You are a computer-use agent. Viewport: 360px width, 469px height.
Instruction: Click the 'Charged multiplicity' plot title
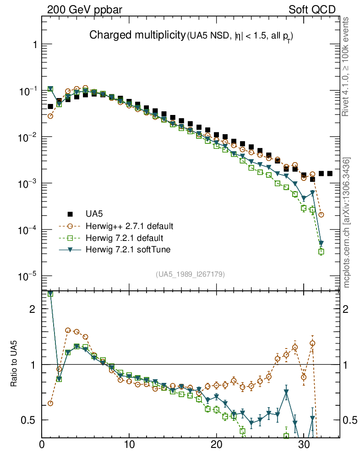pos(137,35)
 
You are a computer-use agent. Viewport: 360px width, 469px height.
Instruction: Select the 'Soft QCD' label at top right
pos(312,9)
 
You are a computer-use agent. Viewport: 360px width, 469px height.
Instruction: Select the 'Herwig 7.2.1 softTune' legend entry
pos(128,250)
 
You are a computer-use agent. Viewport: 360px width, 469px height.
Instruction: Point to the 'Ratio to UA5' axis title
pos(14,364)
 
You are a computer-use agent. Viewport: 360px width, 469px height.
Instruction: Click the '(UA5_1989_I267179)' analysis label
pos(190,274)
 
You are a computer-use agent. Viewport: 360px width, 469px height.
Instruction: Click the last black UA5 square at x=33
pos(330,174)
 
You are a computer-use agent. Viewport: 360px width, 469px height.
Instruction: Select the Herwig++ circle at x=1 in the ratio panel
pos(50,403)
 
